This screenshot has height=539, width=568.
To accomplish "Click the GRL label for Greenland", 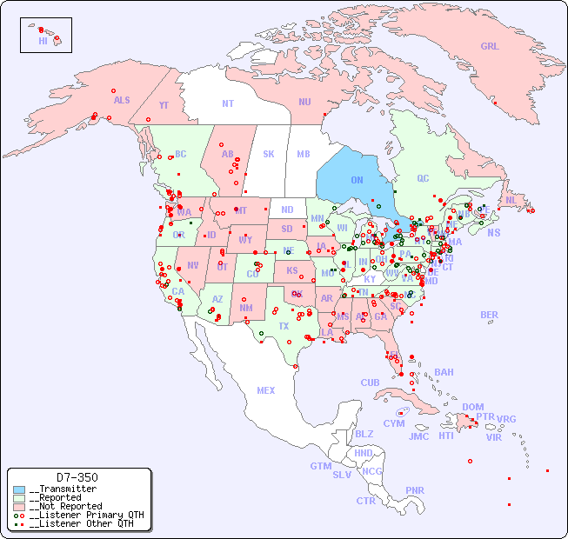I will point(490,46).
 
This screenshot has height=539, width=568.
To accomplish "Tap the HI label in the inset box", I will point(43,41).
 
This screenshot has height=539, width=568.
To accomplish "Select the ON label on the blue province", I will point(357,180).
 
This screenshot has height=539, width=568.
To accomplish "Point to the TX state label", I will point(284,326).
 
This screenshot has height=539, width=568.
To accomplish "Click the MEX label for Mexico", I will point(266,390).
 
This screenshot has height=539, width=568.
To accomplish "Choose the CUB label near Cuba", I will point(370,383).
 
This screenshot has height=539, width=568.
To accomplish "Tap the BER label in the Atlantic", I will point(489,315).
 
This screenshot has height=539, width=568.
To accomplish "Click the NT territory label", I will point(228,103).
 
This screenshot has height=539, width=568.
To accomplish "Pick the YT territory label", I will point(164,105).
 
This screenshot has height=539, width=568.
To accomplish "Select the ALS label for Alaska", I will point(122,100).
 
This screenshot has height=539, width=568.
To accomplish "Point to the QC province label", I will point(423,178).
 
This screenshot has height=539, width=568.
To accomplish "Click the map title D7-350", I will point(77,477).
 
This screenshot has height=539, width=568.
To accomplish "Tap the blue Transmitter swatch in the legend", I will point(19,489).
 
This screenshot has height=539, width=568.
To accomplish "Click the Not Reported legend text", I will point(65,506).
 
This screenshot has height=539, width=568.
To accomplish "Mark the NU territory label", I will point(304,102).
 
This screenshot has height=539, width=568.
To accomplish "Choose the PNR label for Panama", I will point(415,490).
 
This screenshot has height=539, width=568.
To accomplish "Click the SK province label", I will point(269,154).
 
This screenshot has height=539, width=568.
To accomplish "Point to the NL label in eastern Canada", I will point(511,199).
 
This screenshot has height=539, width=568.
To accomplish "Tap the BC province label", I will point(180,154).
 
